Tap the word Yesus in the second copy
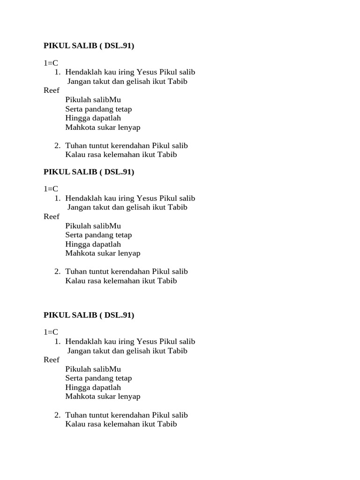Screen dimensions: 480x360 pos(147,198)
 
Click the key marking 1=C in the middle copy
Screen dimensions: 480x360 pos(51,189)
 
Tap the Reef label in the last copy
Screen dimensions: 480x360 pos(52,360)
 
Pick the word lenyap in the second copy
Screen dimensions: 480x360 pos(129,253)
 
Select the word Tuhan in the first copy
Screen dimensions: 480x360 pos(75,145)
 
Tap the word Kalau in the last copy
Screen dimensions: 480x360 pos(75,424)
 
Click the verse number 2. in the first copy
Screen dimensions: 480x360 pos(57,145)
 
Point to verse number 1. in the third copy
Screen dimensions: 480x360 pos(57,341)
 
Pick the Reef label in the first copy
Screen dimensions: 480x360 pos(52,90)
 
